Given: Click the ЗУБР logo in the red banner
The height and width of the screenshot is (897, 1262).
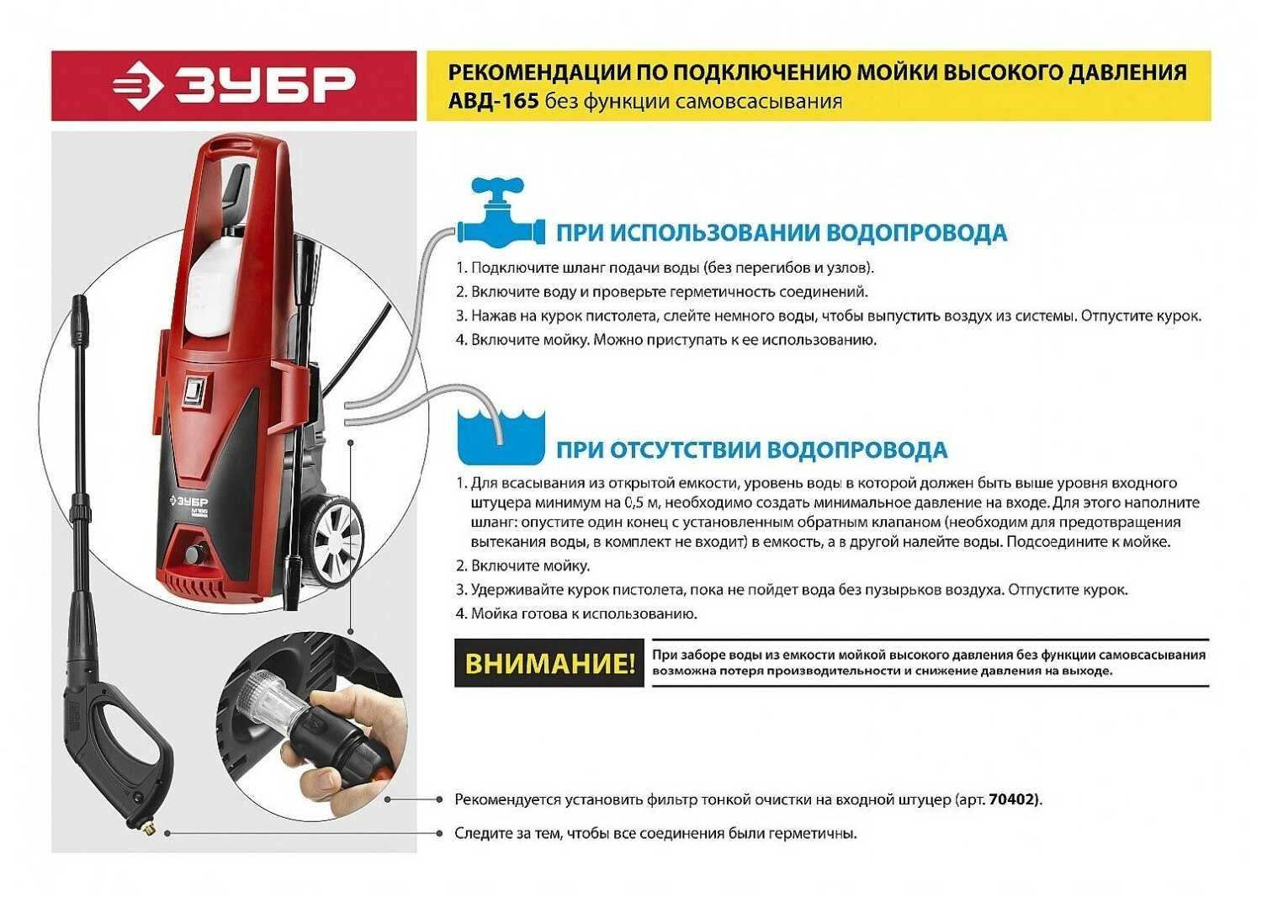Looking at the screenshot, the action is [233, 86].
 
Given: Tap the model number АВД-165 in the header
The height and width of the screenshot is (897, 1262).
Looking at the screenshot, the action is [494, 102].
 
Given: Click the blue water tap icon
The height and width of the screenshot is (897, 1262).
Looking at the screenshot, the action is [501, 214].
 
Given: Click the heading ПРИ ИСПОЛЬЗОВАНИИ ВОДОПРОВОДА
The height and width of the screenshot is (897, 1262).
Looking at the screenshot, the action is [782, 233].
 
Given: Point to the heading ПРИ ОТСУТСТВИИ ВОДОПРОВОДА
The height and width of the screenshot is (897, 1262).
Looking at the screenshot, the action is [751, 449].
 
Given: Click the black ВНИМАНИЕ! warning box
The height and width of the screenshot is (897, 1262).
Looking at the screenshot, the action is [549, 663].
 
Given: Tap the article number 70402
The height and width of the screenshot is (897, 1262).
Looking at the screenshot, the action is [1014, 799].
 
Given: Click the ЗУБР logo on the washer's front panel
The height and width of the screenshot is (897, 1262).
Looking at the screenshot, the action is [190, 502].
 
